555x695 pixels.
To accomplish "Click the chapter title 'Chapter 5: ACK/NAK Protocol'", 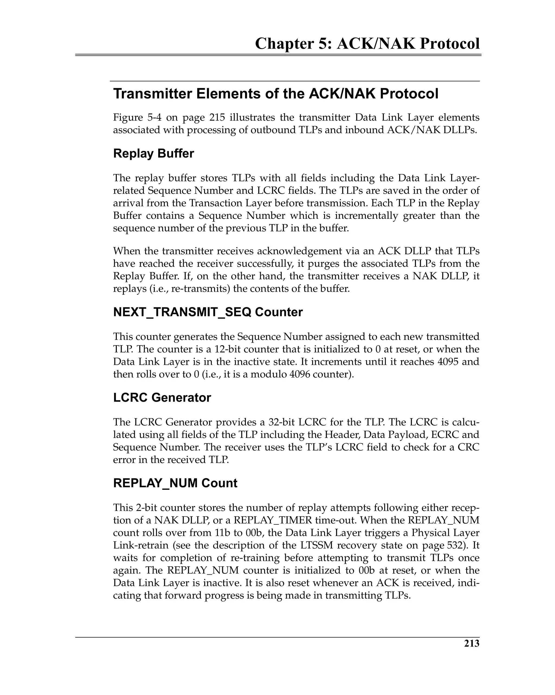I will [367, 44].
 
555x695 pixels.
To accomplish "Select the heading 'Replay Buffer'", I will [153, 153].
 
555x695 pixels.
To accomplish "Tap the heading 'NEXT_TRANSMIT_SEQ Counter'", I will [208, 312].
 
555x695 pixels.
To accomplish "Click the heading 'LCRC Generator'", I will [162, 397].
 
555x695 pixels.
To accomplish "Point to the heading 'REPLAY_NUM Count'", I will [175, 483].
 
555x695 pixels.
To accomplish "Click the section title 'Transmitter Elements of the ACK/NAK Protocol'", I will [276, 94].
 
